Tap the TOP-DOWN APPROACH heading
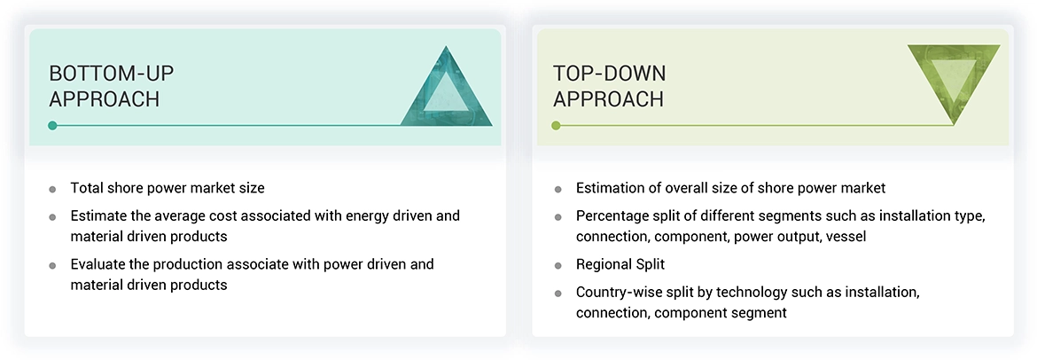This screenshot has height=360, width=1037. pos(609,86)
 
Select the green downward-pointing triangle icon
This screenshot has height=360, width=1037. pos(954,80)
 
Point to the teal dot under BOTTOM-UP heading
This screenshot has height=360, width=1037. pos(53,125)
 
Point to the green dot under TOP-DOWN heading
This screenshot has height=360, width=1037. pos(557,125)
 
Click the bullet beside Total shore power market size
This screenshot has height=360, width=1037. pos(53,189)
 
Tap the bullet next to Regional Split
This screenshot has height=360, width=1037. pos(557,265)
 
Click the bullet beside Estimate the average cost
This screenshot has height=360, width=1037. pos(53,216)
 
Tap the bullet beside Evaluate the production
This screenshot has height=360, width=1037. pos(53,265)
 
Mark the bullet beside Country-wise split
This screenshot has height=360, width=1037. pos(557,293)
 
